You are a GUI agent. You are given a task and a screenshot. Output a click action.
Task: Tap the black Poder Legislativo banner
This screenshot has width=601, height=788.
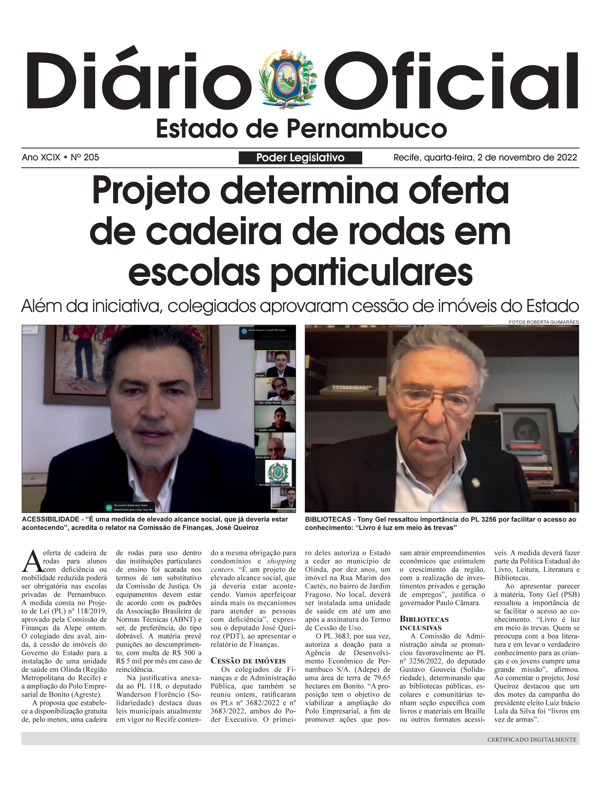(x=300, y=158)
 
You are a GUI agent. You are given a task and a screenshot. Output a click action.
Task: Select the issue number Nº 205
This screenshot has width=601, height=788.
(x=85, y=157)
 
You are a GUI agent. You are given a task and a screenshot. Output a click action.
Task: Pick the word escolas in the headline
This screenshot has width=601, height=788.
(x=194, y=273)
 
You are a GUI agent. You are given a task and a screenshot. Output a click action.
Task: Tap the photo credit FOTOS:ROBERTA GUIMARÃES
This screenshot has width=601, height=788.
(x=543, y=322)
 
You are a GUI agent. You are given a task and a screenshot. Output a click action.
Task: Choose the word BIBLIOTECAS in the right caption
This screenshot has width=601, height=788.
(x=328, y=519)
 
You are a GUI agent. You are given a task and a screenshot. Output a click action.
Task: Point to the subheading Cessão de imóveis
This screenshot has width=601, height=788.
(x=248, y=661)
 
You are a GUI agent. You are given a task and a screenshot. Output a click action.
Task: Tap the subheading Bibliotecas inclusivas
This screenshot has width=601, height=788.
(x=424, y=623)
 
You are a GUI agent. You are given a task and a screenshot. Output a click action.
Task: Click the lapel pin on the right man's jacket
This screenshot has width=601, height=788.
(x=475, y=483)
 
